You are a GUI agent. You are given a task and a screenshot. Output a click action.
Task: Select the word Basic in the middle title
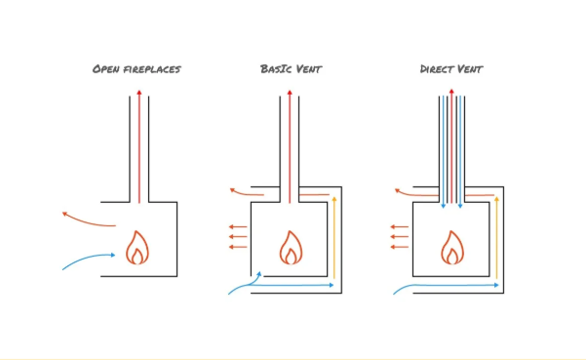click(x=276, y=69)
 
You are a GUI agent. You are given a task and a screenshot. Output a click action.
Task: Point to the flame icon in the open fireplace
click(x=137, y=248)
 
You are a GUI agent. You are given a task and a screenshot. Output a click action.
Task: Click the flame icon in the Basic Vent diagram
click(x=291, y=248)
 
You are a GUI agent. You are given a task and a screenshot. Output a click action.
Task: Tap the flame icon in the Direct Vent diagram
click(x=451, y=248)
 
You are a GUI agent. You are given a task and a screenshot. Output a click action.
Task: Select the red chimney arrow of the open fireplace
click(x=138, y=146)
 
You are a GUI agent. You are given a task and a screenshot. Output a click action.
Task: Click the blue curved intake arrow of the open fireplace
click(x=89, y=260)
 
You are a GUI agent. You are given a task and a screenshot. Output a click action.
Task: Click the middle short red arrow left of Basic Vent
click(x=238, y=237)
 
